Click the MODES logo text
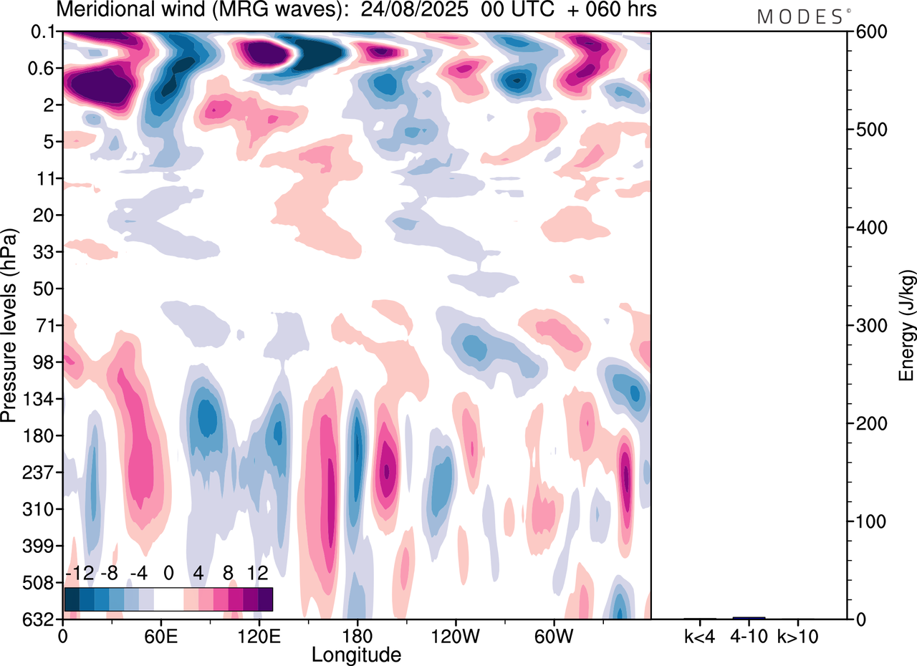(800, 17)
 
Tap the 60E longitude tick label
(160, 635)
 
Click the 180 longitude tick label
(357, 635)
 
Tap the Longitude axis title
(356, 654)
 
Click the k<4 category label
(700, 635)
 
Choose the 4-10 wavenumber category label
(749, 635)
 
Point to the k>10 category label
(797, 635)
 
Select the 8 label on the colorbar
(229, 574)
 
